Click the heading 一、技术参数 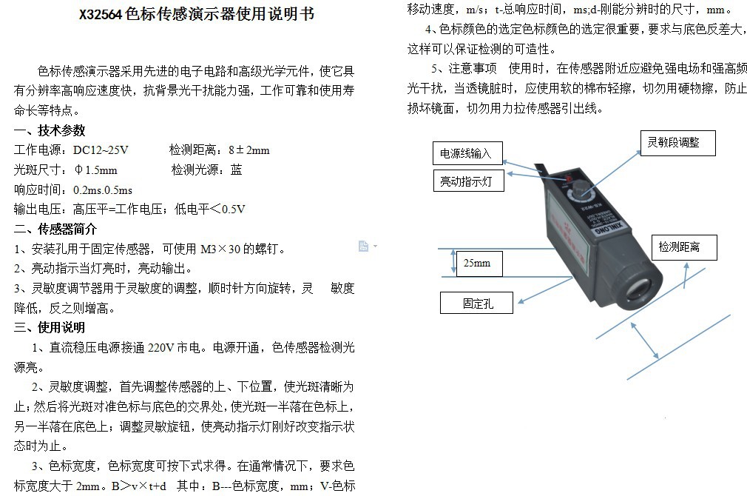pos(50,130)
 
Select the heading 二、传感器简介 pos(55,229)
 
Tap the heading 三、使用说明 pos(50,327)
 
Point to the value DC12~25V pos(101,150)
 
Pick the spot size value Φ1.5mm pos(95,170)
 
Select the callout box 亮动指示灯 pos(467,181)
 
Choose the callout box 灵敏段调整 pos(677,143)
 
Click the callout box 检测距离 pos(683,247)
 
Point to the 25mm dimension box pos(481,264)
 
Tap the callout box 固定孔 pos(478,303)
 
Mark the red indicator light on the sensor pos(568,180)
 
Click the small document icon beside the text pos(363,246)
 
